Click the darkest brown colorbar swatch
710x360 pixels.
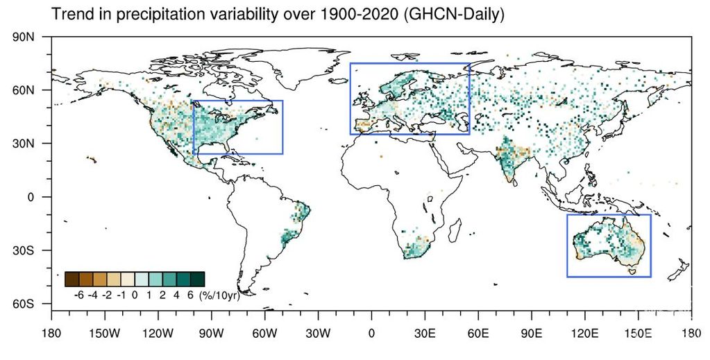point(71,279)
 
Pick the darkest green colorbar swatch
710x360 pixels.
point(197,279)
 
